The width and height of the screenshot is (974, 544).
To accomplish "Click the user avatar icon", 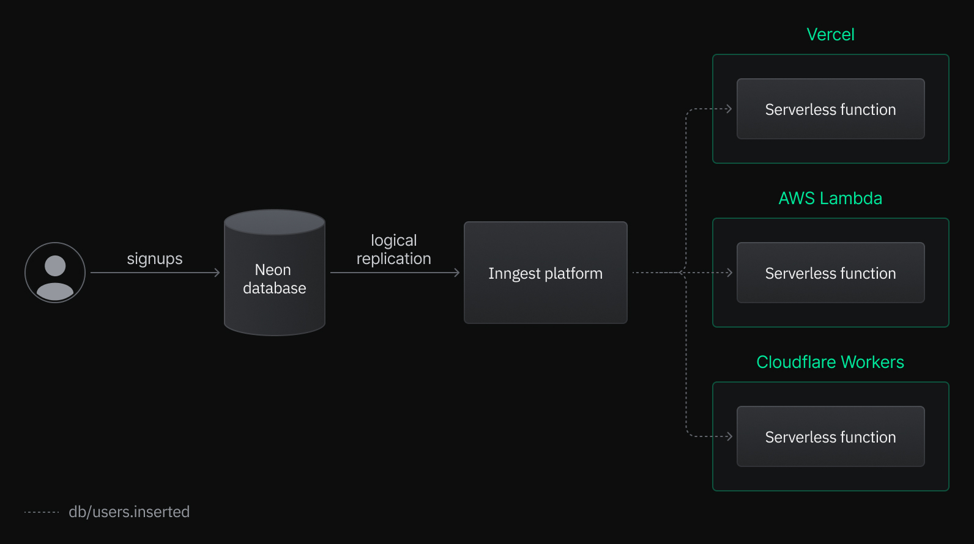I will point(55,273).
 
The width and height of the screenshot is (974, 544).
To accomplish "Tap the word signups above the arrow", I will point(155,259).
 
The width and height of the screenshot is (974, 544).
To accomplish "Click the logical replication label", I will point(393,249).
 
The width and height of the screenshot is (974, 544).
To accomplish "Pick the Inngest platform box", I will point(545,273).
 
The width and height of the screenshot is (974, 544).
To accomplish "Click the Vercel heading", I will point(830,35).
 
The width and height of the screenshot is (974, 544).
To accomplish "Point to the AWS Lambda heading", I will point(830,199).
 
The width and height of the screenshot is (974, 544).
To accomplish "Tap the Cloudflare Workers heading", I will point(830,362).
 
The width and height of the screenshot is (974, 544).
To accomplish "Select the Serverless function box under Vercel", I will point(830,109).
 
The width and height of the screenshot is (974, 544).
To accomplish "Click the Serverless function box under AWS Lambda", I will point(830,273).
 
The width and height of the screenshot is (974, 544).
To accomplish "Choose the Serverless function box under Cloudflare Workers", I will point(830,437).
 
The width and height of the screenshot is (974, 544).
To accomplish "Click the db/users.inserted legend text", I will point(129,512).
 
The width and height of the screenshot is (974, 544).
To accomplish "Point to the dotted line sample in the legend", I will point(42,512).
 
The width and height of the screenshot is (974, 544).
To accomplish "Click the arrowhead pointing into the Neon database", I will point(217,273).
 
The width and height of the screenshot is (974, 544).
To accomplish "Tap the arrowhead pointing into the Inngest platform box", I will point(457,273).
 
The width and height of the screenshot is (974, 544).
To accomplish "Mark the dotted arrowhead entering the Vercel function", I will point(729,109).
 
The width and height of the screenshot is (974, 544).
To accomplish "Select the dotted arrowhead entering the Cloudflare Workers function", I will point(729,436).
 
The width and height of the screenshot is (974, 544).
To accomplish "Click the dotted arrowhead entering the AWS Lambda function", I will point(729,273).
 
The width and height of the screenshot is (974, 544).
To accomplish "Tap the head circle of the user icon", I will point(55,266).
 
